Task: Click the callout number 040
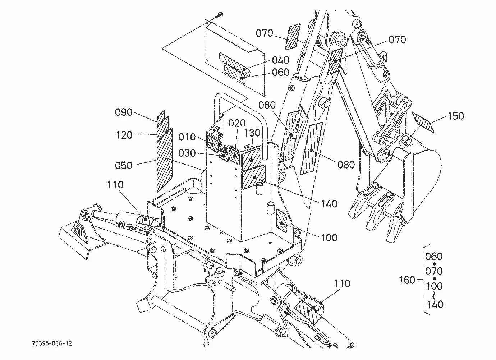coord(281,60)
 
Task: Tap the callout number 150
coord(456,116)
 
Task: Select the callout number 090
coord(124,112)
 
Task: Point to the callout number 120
coord(124,135)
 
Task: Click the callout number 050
coord(124,165)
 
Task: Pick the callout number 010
coord(187,137)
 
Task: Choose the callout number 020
coord(237,123)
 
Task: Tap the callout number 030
coord(187,153)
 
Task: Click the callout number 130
coord(252,133)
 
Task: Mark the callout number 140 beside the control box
coord(329,204)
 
